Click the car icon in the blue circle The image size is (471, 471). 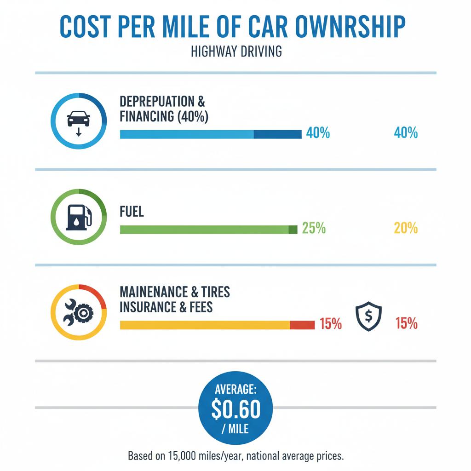click(78, 121)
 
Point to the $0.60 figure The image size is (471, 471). click(235, 409)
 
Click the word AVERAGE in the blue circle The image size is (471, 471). click(235, 390)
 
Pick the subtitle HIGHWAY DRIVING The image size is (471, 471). click(235, 51)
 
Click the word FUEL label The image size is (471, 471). click(132, 212)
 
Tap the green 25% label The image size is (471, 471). click(314, 228)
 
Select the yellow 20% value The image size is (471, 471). click(406, 228)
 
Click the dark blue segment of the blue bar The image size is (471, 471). click(277, 134)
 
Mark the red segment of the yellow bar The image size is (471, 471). click(302, 325)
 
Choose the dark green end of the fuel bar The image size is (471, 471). click(293, 229)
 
